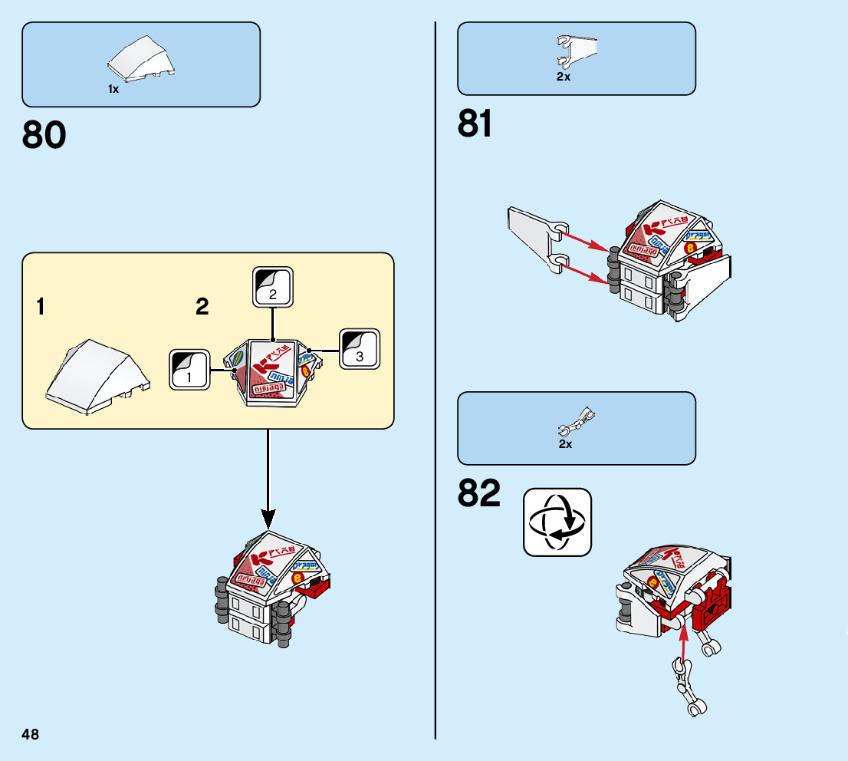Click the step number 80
pyautogui.click(x=44, y=136)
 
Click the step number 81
pyautogui.click(x=475, y=124)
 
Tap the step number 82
pyautogui.click(x=478, y=494)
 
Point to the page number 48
pyautogui.click(x=31, y=735)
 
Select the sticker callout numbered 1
pyautogui.click(x=189, y=369)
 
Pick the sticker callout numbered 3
pyautogui.click(x=360, y=349)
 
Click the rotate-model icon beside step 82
pyautogui.click(x=557, y=522)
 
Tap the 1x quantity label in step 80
pyautogui.click(x=113, y=90)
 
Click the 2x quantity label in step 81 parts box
pyautogui.click(x=564, y=77)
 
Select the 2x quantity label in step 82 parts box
pyautogui.click(x=565, y=444)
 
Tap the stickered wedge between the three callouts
pyautogui.click(x=271, y=372)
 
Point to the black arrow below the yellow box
pyautogui.click(x=268, y=476)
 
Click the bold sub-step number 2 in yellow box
pyautogui.click(x=202, y=308)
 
